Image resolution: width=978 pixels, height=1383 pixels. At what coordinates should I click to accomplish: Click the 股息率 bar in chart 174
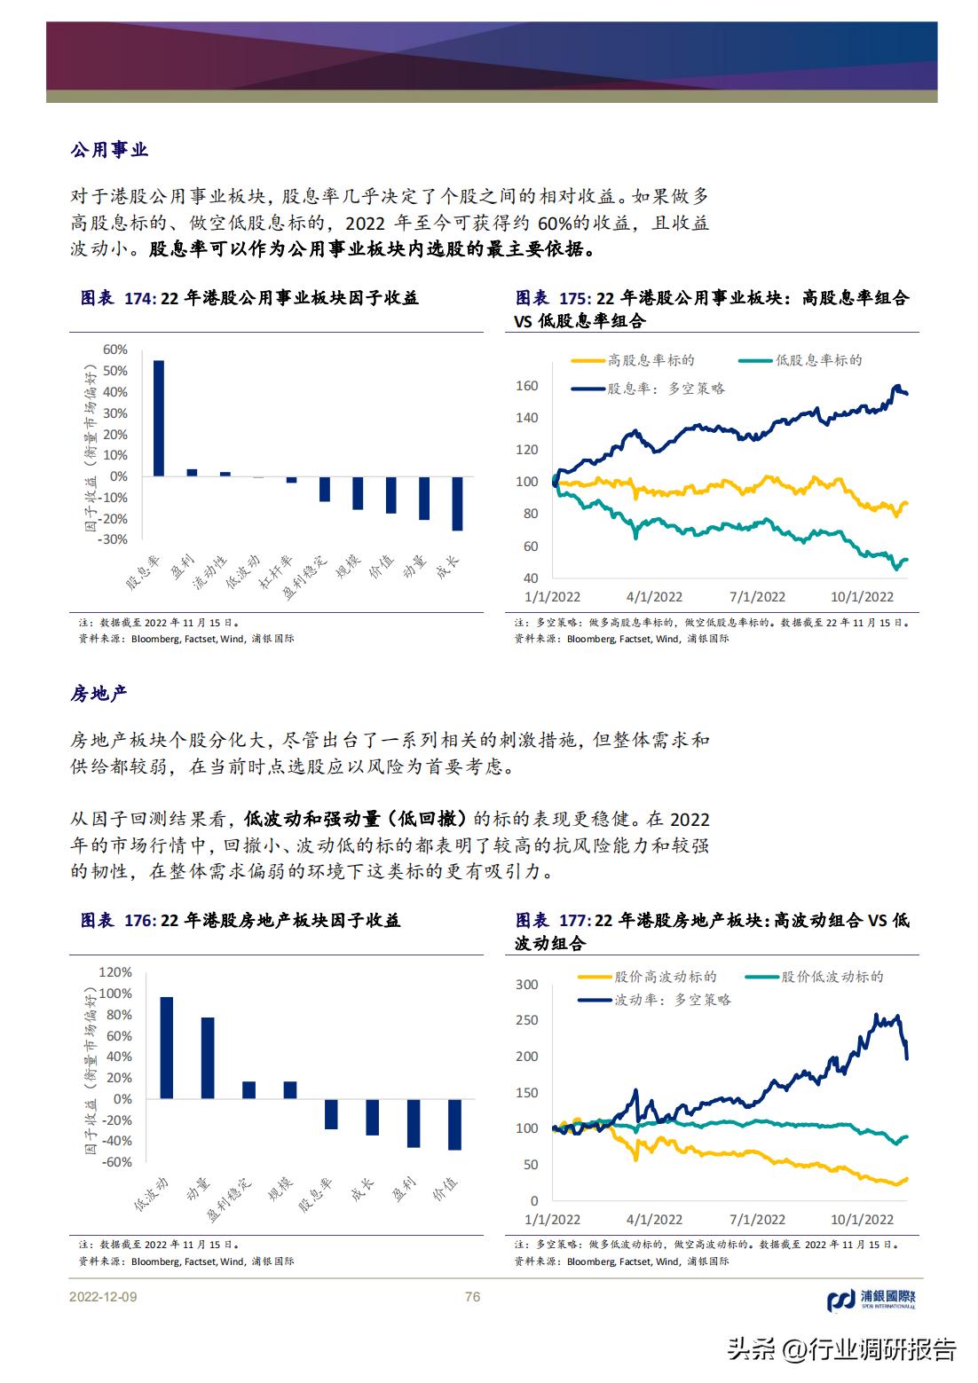[159, 418]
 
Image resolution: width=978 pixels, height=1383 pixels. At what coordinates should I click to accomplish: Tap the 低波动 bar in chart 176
[166, 1048]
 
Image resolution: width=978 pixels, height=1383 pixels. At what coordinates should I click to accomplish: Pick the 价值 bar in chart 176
[454, 1124]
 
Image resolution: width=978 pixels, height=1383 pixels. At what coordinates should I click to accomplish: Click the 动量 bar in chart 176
[207, 1058]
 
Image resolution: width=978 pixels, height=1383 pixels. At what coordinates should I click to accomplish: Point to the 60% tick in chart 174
[115, 350]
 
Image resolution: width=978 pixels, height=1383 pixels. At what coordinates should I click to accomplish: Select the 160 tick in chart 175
[527, 386]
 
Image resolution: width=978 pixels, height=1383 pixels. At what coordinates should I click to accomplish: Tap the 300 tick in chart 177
[527, 985]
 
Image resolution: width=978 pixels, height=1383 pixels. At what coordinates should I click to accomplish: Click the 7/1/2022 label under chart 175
[757, 597]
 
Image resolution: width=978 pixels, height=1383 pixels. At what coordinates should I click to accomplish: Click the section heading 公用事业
[109, 150]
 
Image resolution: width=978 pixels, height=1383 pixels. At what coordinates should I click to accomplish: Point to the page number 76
[472, 1297]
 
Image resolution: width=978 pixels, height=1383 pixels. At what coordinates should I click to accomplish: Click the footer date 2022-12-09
[103, 1297]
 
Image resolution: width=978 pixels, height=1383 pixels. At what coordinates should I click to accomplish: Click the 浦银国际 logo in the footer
[871, 1300]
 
